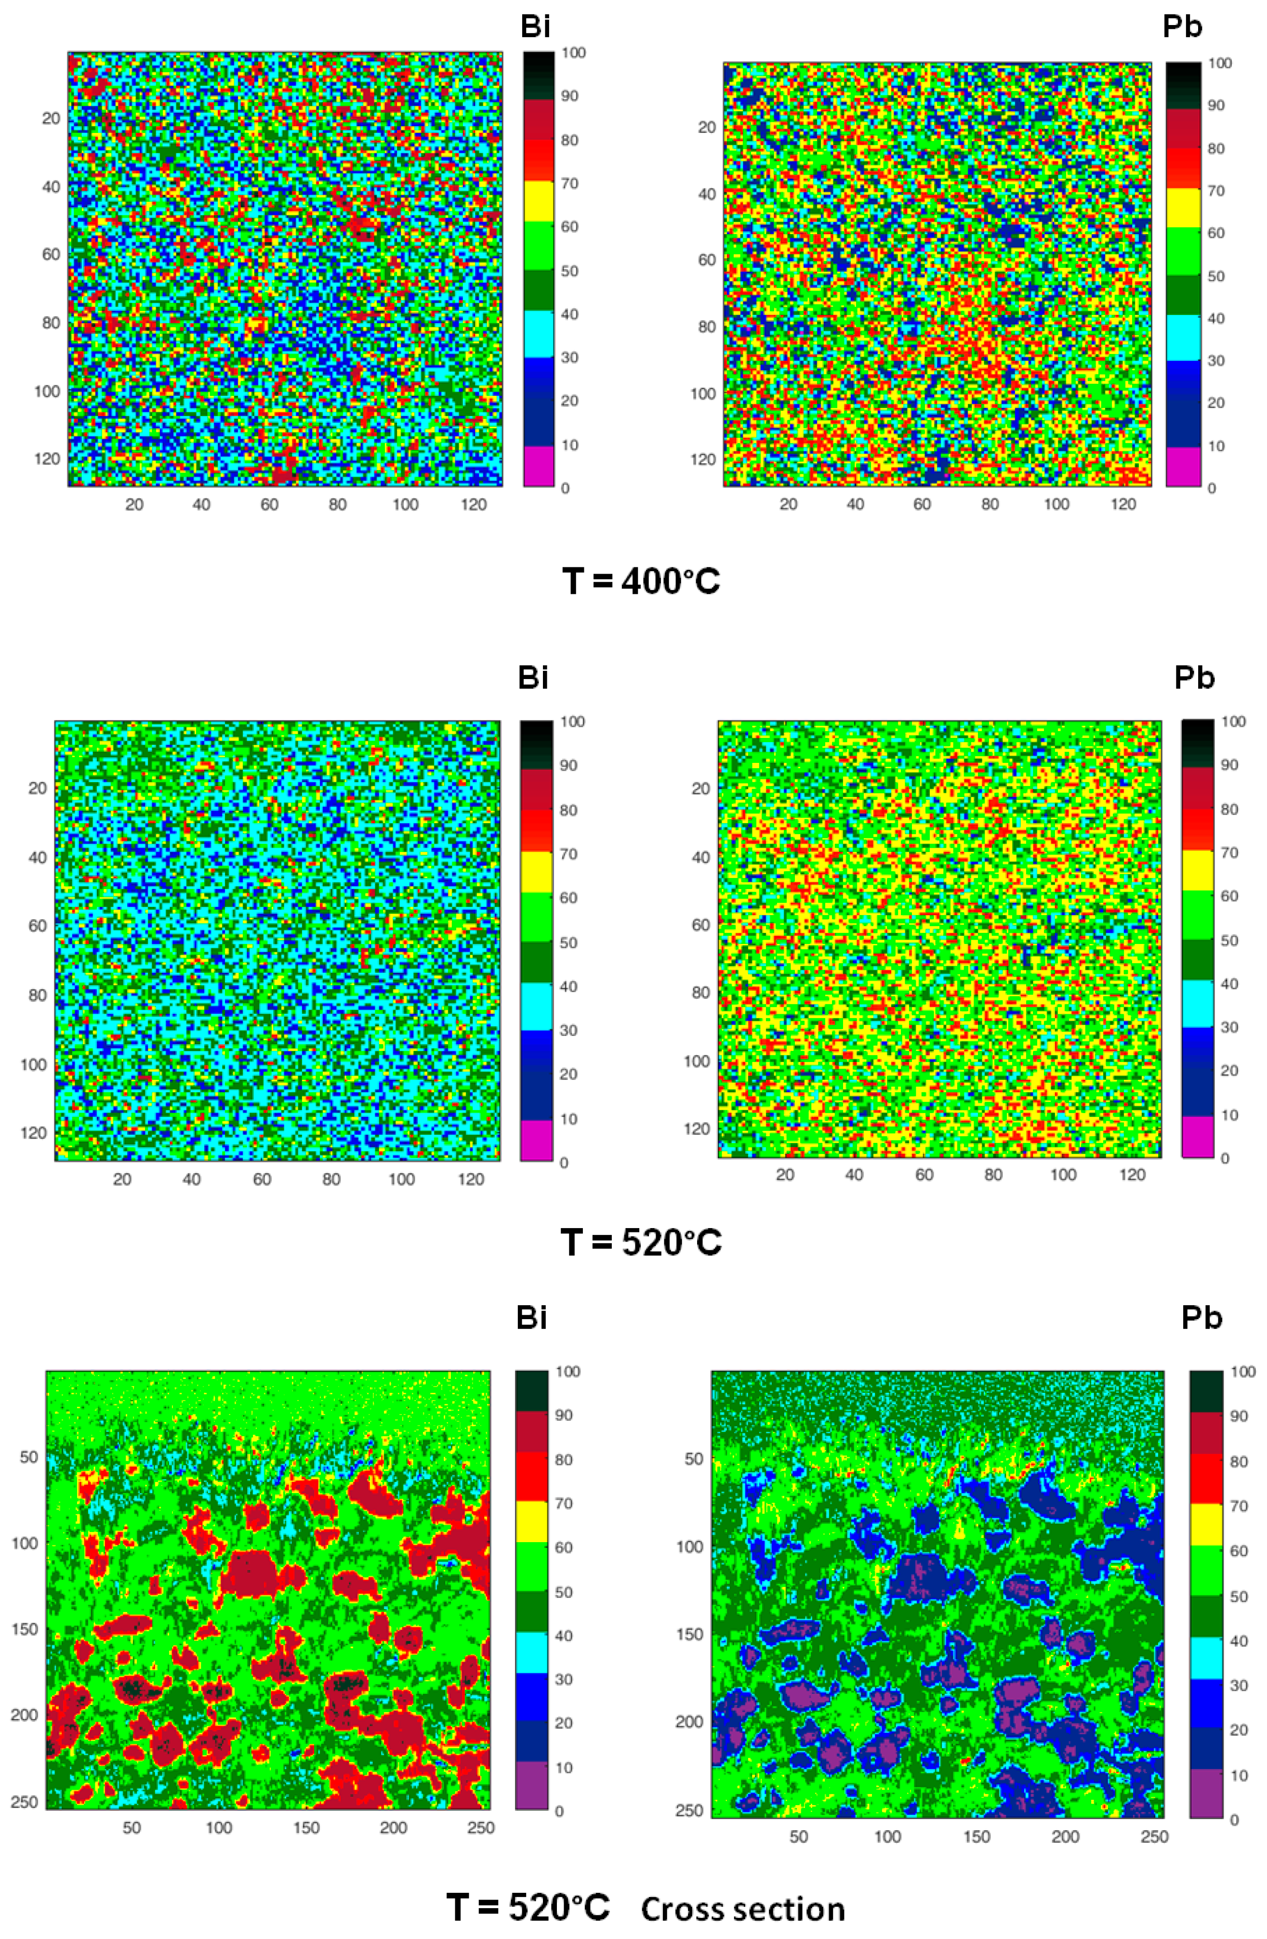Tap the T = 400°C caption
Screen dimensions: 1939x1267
641,581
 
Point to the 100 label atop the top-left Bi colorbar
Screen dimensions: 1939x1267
574,53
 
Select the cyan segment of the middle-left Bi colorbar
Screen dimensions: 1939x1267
536,1005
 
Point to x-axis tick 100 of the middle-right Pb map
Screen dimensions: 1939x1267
1062,1175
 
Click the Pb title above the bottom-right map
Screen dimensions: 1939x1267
1202,1317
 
